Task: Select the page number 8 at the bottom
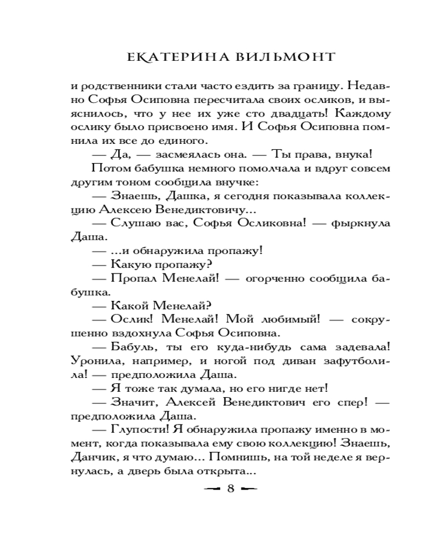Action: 230,488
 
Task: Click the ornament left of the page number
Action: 210,488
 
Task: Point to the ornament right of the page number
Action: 249,488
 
